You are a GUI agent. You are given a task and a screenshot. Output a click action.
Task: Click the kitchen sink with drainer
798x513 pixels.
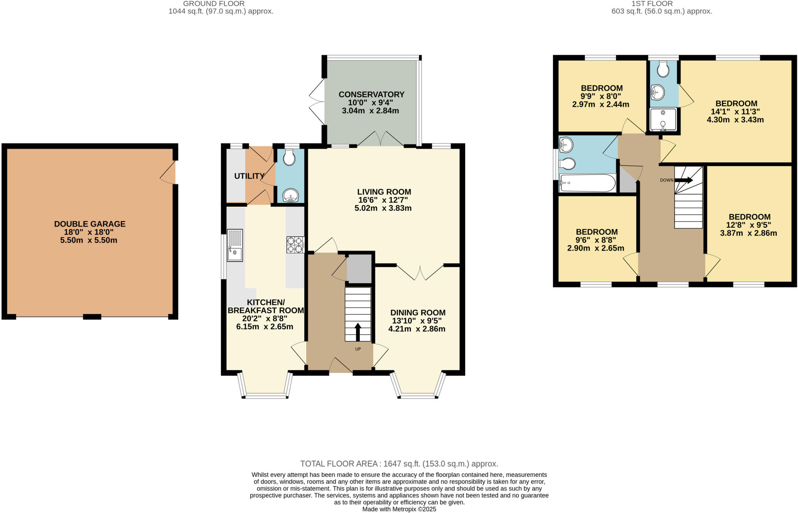(235, 245)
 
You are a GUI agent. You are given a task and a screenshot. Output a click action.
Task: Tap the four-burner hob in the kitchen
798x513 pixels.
(295, 245)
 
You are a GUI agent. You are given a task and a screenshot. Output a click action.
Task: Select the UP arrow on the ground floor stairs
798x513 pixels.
(358, 332)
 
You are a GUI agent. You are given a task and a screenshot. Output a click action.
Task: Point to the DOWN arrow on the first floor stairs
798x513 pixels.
(683, 180)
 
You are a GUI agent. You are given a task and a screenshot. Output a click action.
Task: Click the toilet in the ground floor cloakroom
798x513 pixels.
(289, 158)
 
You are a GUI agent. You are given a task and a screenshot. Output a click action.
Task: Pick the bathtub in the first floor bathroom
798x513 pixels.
(587, 183)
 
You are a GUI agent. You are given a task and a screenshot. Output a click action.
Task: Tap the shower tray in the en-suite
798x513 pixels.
(663, 119)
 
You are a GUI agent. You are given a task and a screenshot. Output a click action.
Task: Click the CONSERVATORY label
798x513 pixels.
(371, 95)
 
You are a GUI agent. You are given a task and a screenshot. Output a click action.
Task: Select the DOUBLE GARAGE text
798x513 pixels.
(90, 224)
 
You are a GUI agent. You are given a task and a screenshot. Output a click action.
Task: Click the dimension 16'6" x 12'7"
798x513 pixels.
(383, 200)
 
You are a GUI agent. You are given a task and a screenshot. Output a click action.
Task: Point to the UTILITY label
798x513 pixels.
(249, 176)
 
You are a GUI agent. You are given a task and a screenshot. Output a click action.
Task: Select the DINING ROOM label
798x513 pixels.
(418, 313)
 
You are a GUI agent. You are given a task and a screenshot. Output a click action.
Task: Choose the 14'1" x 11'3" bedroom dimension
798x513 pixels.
(735, 112)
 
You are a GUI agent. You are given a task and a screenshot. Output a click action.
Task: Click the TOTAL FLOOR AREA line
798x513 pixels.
(399, 464)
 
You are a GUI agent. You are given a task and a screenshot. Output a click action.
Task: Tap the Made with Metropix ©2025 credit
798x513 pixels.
(399, 509)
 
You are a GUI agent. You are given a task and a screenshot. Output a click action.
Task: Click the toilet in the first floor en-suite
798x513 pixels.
(663, 70)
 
